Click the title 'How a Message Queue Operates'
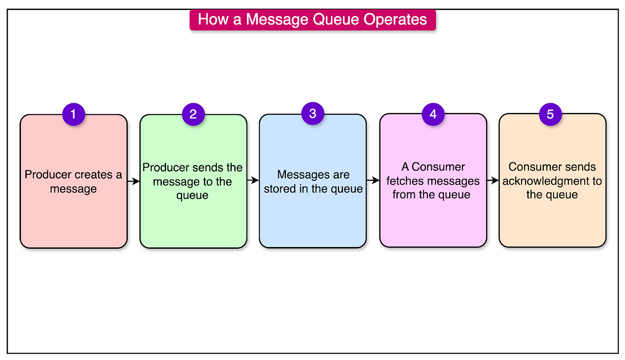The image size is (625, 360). [x=312, y=20]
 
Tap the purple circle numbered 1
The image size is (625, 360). [x=73, y=114]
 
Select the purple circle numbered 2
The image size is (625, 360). [x=193, y=114]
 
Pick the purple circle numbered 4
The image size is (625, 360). [x=433, y=114]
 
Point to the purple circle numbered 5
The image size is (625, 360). [x=550, y=114]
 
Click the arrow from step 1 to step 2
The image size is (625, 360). [x=133, y=181]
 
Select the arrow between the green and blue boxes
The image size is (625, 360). [x=253, y=181]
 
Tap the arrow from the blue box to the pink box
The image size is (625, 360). [x=373, y=181]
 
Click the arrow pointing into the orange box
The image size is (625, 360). [x=493, y=181]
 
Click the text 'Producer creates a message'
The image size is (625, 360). [x=73, y=181]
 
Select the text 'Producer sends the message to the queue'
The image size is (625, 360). [x=193, y=181]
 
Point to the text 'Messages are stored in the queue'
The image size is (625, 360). [x=313, y=181]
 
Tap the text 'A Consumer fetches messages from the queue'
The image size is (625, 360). [x=433, y=181]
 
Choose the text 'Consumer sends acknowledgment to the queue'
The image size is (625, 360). [x=552, y=181]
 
